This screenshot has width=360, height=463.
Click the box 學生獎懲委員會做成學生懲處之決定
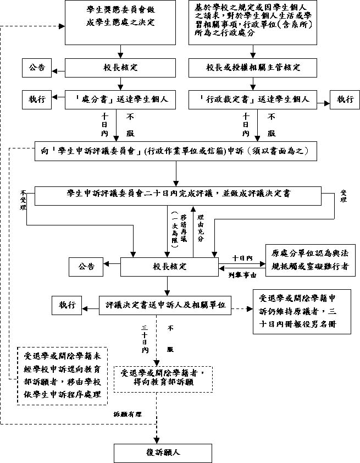[x=120, y=23]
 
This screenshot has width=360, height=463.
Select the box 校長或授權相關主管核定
[x=253, y=68]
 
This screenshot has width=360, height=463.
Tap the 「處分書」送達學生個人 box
[x=120, y=100]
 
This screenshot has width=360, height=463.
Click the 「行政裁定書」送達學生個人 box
[x=253, y=100]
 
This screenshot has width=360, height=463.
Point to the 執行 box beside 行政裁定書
[x=345, y=100]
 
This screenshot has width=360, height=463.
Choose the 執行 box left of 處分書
[x=37, y=100]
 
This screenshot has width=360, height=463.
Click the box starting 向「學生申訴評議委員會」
[x=178, y=150]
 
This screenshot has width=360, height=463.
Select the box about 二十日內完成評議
[x=178, y=195]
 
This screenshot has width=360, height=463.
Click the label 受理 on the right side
[x=344, y=197]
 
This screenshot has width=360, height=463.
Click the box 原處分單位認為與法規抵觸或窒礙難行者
[x=311, y=260]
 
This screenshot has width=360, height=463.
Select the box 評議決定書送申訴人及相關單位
[x=165, y=305]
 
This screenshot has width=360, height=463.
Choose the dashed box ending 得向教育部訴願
[x=163, y=377]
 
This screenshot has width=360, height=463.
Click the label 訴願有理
[x=128, y=414]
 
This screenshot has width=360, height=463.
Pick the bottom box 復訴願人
[x=163, y=453]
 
